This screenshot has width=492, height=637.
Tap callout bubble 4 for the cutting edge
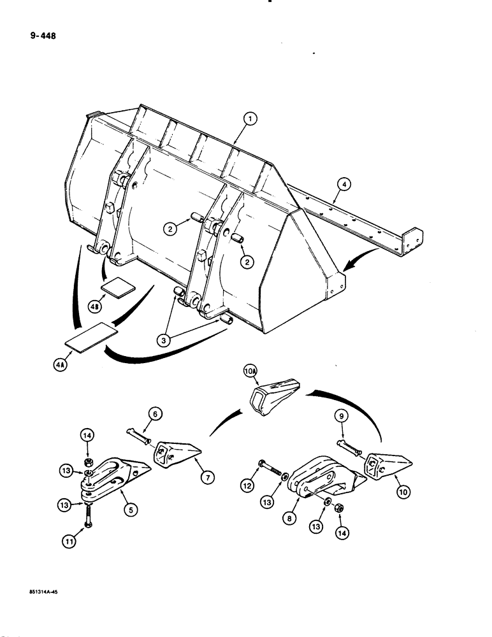coord(344,185)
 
